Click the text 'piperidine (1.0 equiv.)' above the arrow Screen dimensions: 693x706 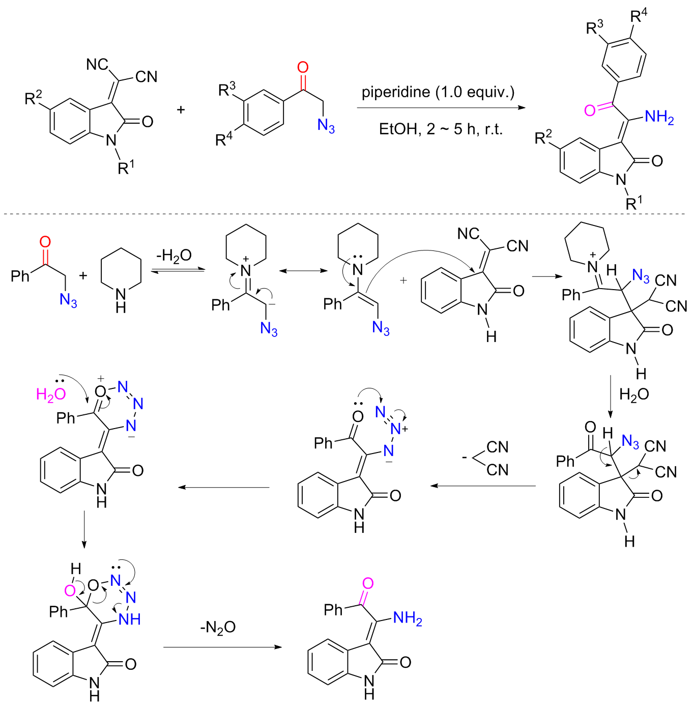(x=438, y=92)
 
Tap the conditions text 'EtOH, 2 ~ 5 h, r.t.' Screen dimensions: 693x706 (x=441, y=129)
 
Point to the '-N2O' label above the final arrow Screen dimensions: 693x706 (x=218, y=628)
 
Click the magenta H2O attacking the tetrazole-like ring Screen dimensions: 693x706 (x=51, y=394)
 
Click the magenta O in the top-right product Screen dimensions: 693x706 (x=590, y=110)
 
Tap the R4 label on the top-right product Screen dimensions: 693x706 (x=639, y=15)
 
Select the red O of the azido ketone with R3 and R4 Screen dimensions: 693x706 (x=303, y=67)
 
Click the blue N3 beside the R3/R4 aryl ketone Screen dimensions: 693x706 (x=326, y=126)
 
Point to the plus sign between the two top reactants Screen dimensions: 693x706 (x=181, y=109)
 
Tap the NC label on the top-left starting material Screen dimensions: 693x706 (x=97, y=65)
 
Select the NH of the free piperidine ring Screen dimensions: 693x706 (x=121, y=300)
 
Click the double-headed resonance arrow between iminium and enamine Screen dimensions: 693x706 (x=303, y=271)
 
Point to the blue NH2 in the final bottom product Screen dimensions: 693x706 (x=407, y=619)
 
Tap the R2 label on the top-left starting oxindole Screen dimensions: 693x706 (x=34, y=97)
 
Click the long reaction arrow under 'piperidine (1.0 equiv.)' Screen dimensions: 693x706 (x=441, y=108)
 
